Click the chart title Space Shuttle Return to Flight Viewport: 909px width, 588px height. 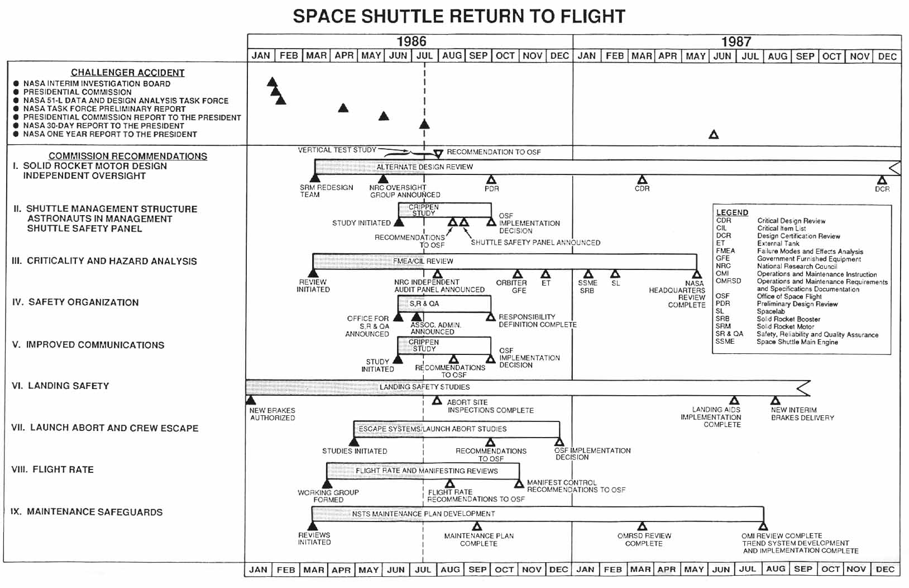point(459,16)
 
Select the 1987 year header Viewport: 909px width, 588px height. point(736,41)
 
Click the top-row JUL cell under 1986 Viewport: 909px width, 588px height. point(424,56)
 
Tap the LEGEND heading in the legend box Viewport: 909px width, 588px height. point(732,212)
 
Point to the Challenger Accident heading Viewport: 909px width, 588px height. point(127,73)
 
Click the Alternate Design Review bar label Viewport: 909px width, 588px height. point(424,167)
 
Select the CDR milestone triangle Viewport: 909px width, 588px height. point(642,179)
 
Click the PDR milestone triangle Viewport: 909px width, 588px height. point(491,179)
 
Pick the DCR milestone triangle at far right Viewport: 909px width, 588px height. point(882,180)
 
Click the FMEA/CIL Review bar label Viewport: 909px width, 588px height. point(423,261)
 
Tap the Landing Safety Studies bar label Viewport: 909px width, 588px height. point(424,387)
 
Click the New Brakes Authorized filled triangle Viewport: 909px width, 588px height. point(251,400)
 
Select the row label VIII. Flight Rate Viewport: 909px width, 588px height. point(52,470)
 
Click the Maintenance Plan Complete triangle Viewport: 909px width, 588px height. point(477,526)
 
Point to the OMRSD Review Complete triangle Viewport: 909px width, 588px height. point(642,526)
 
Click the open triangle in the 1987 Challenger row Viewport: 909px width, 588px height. point(714,135)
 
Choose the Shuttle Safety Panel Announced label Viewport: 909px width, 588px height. point(535,243)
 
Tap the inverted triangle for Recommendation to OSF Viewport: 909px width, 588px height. point(438,153)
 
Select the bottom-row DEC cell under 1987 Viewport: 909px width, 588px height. point(885,569)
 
